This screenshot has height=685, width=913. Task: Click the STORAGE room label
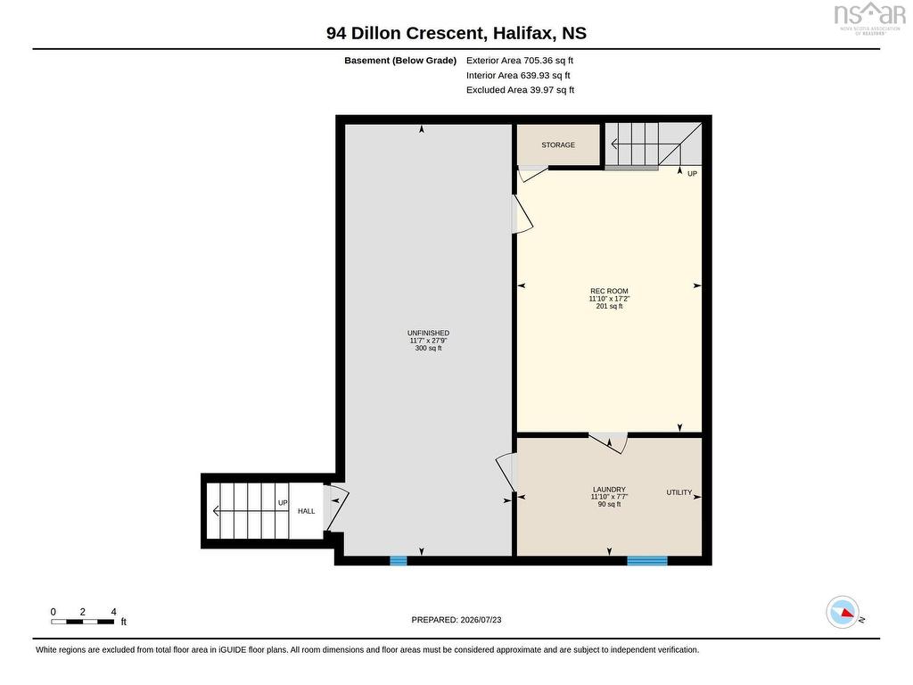click(x=558, y=145)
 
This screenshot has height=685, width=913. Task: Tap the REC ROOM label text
click(x=609, y=292)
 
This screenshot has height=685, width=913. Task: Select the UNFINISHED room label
click(x=428, y=334)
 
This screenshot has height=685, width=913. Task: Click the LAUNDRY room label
click(x=609, y=490)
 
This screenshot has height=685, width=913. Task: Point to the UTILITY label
click(x=679, y=492)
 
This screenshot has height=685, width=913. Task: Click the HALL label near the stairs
click(x=307, y=511)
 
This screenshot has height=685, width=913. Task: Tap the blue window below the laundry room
click(x=647, y=561)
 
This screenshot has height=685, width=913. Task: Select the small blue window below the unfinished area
click(x=399, y=561)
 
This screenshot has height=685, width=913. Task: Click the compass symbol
click(x=843, y=612)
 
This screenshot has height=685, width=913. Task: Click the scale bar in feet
click(x=83, y=622)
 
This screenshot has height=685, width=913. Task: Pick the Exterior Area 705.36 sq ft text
click(x=520, y=60)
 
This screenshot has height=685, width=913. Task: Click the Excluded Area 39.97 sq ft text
click(x=521, y=90)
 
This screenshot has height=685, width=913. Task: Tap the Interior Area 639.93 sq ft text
click(x=518, y=75)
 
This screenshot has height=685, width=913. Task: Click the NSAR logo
click(x=870, y=18)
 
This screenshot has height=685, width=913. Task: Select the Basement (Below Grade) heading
click(x=400, y=61)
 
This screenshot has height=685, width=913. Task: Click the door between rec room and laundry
click(x=608, y=442)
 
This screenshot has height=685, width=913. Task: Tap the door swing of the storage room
click(x=533, y=174)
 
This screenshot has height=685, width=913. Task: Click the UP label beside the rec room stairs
click(x=692, y=174)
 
